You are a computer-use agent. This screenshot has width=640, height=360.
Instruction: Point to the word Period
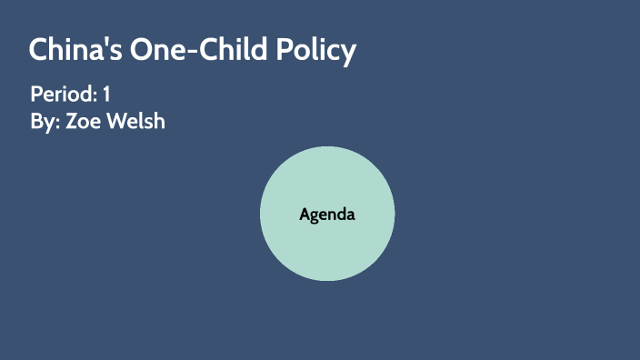62,94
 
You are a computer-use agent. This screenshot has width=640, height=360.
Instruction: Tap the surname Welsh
135,121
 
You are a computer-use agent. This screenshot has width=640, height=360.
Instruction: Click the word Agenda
326,215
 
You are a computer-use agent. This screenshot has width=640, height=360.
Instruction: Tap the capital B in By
36,121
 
